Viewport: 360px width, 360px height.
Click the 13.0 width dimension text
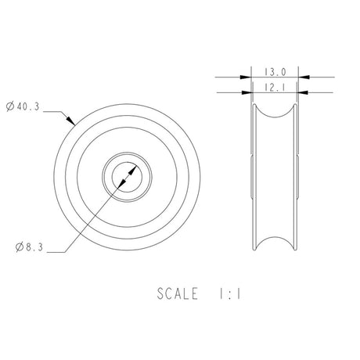[x=277, y=69]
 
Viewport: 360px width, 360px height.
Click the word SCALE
[x=178, y=294]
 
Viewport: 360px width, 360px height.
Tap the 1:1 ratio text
[x=229, y=294]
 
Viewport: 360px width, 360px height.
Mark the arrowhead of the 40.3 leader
[x=72, y=124]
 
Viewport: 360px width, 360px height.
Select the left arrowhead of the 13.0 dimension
[x=247, y=77]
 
